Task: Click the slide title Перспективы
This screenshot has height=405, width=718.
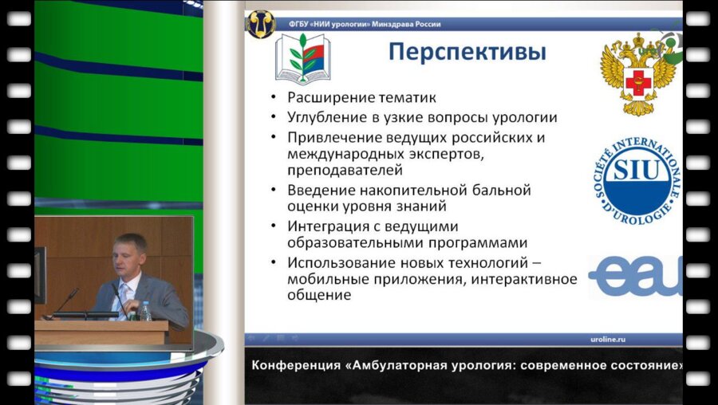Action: [x=467, y=53]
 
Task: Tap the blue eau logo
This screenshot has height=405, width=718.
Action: [x=635, y=276]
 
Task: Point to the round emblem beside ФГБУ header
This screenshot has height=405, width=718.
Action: [x=261, y=23]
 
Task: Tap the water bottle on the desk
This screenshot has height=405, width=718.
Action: [x=146, y=311]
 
